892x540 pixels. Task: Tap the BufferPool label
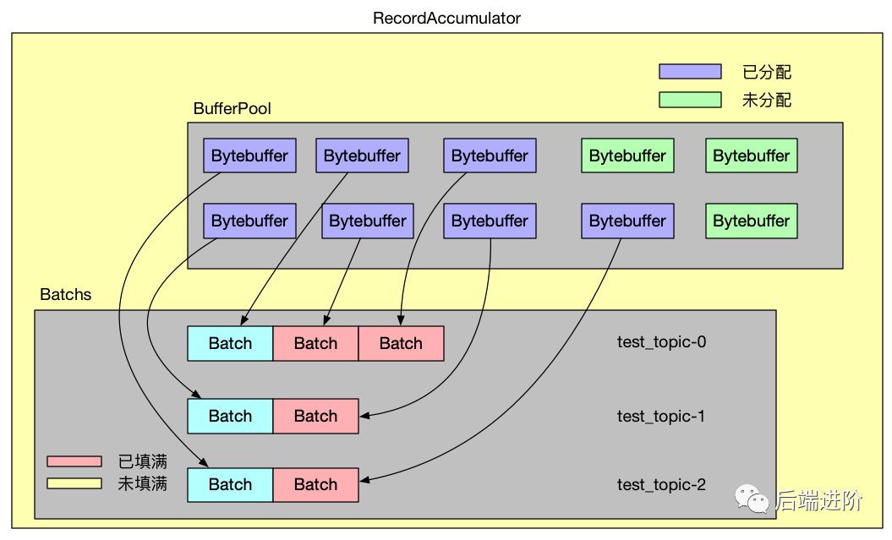[x=233, y=109]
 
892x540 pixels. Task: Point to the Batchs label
[x=66, y=295]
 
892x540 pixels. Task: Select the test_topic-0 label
[x=661, y=342]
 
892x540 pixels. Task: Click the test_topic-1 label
[x=661, y=416]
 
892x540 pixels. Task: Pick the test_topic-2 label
[x=661, y=485]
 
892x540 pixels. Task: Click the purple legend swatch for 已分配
[x=690, y=72]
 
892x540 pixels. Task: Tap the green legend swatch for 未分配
[x=690, y=100]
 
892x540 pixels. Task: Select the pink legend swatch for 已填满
[x=74, y=461]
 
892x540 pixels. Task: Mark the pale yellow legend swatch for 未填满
[x=74, y=483]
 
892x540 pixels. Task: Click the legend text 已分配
[x=767, y=73]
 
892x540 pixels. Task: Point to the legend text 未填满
[x=142, y=484]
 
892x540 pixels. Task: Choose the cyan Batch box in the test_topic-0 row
[x=230, y=343]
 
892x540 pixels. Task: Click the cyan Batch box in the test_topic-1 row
[x=230, y=416]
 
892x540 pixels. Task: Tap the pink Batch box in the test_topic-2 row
[x=315, y=484]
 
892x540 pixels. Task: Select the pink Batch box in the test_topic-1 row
[x=315, y=416]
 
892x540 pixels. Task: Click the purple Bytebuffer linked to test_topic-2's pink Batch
[x=627, y=221]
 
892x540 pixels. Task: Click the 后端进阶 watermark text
[x=818, y=500]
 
